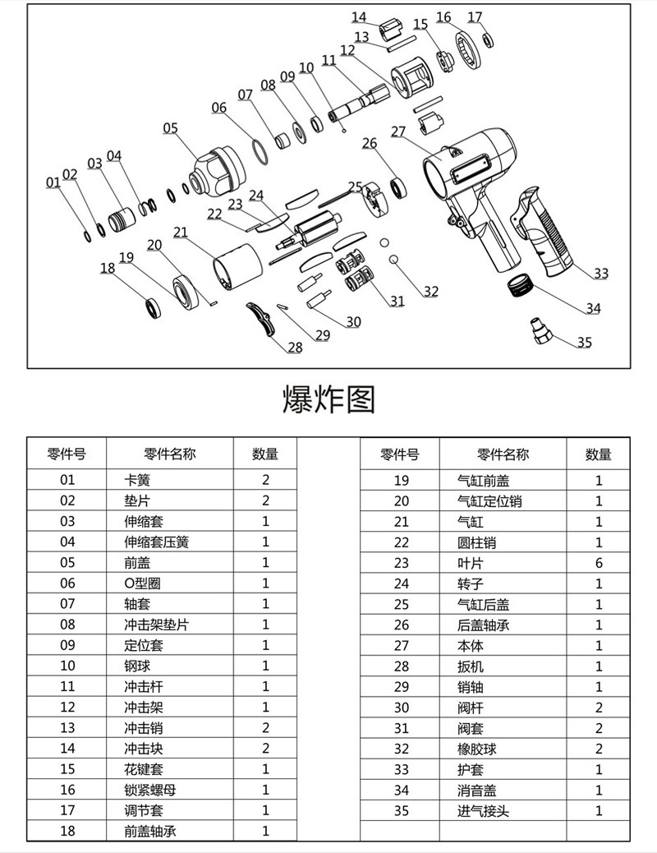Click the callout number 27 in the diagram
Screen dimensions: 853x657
click(398, 131)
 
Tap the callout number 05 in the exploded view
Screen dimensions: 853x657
click(170, 127)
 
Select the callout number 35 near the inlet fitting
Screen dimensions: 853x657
click(584, 343)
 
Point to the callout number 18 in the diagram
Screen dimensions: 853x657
click(108, 268)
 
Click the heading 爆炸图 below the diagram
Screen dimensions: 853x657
click(328, 399)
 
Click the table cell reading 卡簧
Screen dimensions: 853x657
click(137, 480)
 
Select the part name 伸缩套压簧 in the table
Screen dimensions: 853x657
click(156, 542)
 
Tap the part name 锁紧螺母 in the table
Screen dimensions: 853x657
click(149, 790)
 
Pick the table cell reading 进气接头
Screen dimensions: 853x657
click(484, 811)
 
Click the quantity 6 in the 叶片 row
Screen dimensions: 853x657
click(599, 563)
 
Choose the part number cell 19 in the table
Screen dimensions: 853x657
click(401, 481)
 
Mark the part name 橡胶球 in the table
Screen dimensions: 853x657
click(477, 749)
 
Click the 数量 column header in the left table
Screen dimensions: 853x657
click(265, 454)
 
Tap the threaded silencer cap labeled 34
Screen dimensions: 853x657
click(520, 287)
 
